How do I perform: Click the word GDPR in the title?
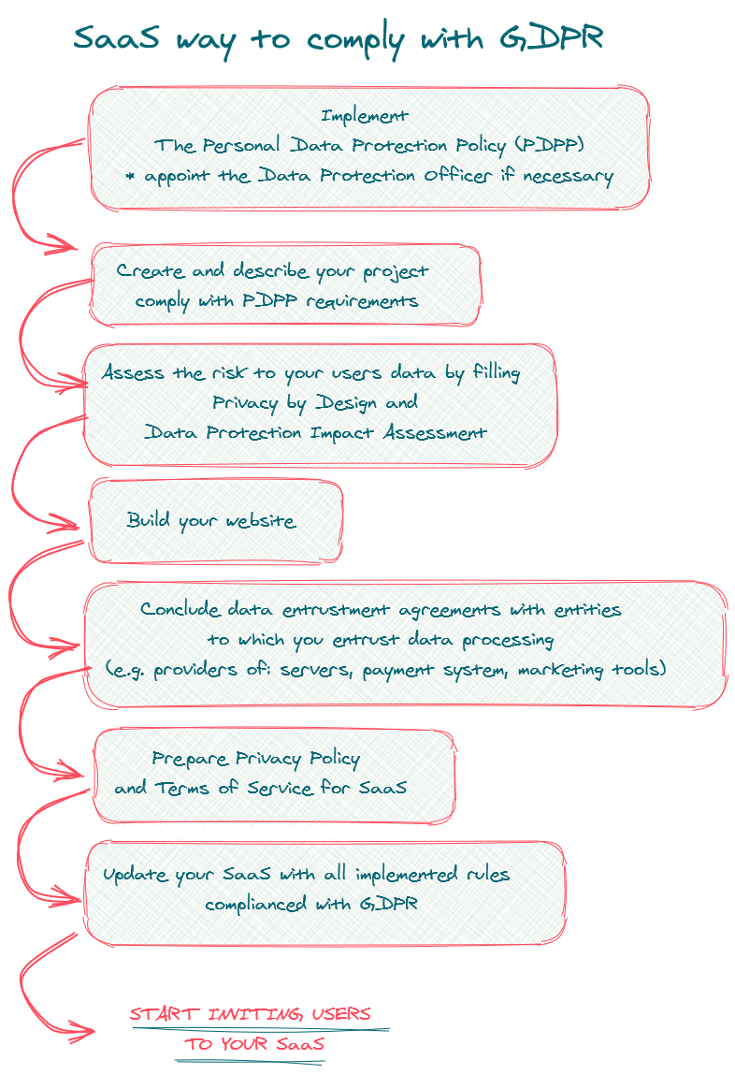click(552, 38)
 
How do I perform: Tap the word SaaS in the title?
click(116, 37)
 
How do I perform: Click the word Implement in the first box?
click(364, 116)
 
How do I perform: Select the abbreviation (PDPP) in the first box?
click(550, 144)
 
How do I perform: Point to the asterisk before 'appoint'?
click(130, 176)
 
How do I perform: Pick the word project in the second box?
click(396, 272)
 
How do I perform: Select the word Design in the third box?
click(346, 403)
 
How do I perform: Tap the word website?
click(261, 521)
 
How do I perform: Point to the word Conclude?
click(180, 609)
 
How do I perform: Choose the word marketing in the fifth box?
click(560, 669)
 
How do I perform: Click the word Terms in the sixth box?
click(182, 789)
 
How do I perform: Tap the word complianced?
click(255, 904)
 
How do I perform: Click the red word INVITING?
click(254, 1014)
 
